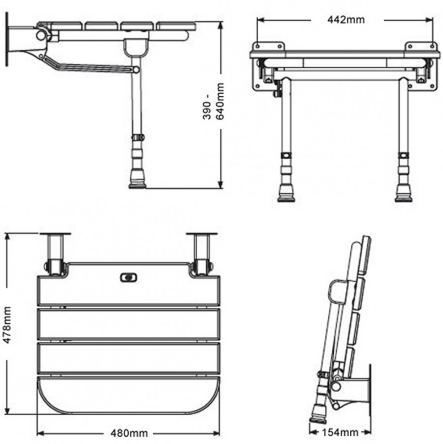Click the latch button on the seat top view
coord(128,278)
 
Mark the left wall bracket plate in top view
coord(55,235)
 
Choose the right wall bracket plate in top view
coord(202,235)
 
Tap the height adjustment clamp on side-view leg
coord(137,137)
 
